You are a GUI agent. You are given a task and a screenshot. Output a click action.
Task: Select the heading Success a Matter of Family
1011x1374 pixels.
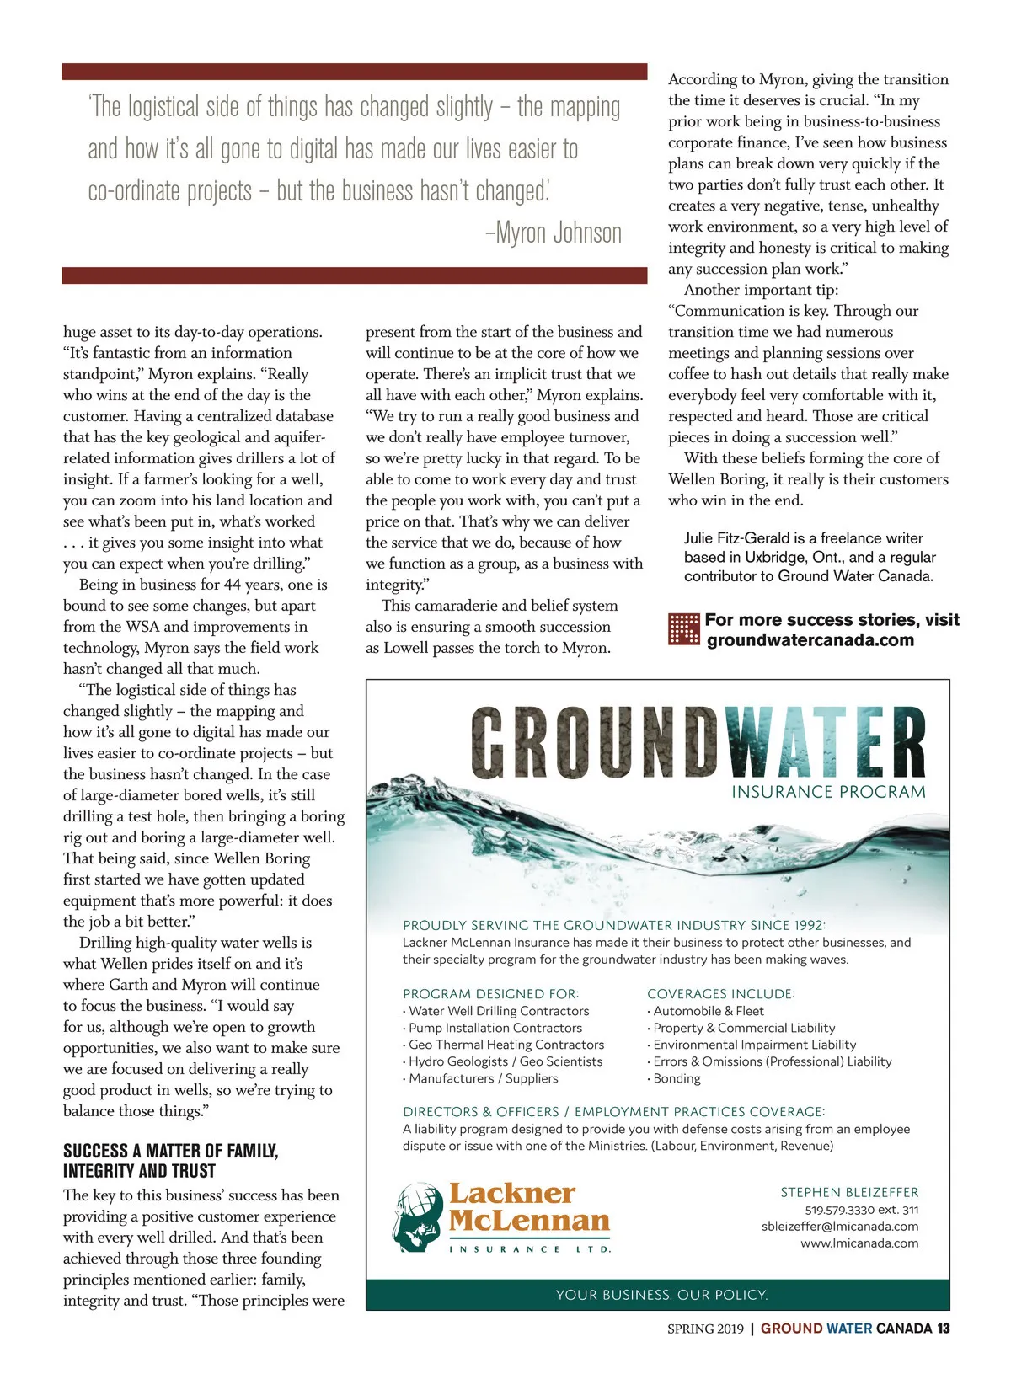(171, 1152)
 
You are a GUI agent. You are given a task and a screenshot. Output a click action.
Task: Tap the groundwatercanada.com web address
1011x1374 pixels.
(810, 640)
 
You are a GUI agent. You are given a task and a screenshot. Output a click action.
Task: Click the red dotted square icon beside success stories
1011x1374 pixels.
(683, 629)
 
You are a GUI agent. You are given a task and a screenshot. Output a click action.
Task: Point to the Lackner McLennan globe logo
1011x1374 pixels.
(419, 1216)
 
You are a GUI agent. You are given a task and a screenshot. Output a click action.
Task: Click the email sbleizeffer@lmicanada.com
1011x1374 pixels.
(840, 1227)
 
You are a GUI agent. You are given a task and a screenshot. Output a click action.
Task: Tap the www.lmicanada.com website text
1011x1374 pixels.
(859, 1243)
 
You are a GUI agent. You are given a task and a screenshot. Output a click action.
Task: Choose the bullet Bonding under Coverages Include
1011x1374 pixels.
(677, 1078)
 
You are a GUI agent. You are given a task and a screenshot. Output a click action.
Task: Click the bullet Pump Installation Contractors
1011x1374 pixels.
(495, 1028)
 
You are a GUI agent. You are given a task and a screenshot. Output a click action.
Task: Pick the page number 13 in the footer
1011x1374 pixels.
(943, 1329)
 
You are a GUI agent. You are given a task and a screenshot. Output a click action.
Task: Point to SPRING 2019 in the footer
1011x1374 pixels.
(705, 1329)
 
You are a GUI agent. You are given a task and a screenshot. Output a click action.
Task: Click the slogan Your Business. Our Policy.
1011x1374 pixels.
(661, 1295)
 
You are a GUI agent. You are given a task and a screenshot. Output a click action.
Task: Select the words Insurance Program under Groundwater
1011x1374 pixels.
(828, 792)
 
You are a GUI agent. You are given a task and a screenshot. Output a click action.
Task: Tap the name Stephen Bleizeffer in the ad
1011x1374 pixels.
(849, 1192)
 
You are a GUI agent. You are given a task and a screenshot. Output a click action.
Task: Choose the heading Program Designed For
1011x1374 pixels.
(491, 994)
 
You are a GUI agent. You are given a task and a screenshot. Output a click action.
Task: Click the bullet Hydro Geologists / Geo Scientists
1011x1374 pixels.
(505, 1061)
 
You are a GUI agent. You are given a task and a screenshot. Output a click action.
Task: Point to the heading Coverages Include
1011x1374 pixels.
(721, 994)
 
